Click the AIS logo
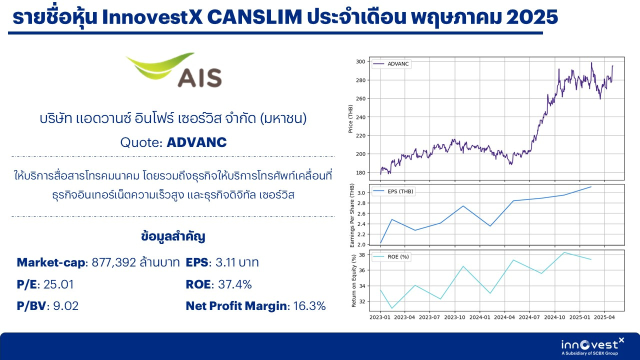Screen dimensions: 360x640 click(174, 70)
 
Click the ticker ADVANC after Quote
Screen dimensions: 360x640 click(196, 142)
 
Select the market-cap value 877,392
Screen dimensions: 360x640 click(113, 262)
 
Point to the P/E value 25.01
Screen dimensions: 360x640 click(58, 284)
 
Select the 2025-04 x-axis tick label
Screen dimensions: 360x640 click(604, 317)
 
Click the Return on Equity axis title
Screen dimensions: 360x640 click(354, 280)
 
